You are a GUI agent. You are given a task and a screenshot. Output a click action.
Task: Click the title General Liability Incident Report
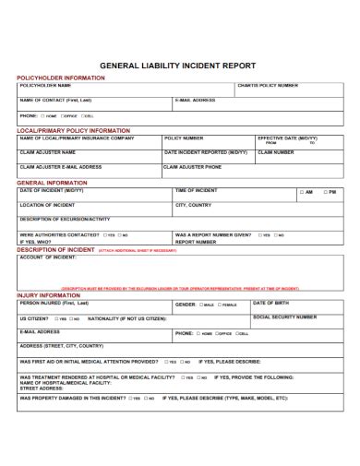[179, 66]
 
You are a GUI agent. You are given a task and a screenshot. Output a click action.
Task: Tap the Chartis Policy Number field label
[268, 86]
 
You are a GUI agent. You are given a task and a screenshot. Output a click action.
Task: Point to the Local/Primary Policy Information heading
[73, 130]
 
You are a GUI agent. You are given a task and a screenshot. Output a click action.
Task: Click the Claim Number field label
[276, 152]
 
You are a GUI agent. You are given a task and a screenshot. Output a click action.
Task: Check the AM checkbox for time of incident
[302, 192]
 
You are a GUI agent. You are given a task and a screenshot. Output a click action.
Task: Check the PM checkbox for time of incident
[324, 192]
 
